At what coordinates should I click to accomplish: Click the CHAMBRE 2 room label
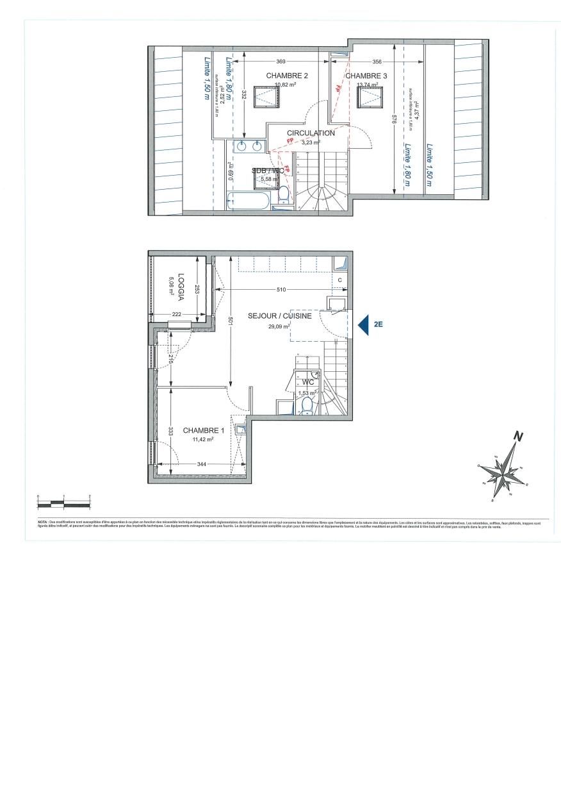tap(287, 76)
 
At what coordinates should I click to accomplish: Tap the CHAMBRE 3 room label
tap(366, 76)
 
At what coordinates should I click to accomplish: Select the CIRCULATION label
tap(311, 133)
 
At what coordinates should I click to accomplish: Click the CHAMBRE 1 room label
tap(203, 430)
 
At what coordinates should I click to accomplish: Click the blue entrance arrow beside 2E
tap(362, 325)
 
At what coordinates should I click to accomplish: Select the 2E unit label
tap(378, 325)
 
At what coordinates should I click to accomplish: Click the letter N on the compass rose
tap(519, 438)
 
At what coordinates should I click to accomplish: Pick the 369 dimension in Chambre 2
tap(280, 62)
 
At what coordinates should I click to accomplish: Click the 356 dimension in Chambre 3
tap(377, 62)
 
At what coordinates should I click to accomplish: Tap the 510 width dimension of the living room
tap(280, 290)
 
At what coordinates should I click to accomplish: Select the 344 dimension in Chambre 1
tap(202, 463)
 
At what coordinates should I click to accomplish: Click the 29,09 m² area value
tap(279, 326)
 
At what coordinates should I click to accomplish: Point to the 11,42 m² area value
tap(203, 440)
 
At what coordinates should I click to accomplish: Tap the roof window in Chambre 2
tap(266, 97)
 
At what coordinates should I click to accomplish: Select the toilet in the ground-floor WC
tap(307, 404)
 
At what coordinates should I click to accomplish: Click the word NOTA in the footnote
tap(43, 523)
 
